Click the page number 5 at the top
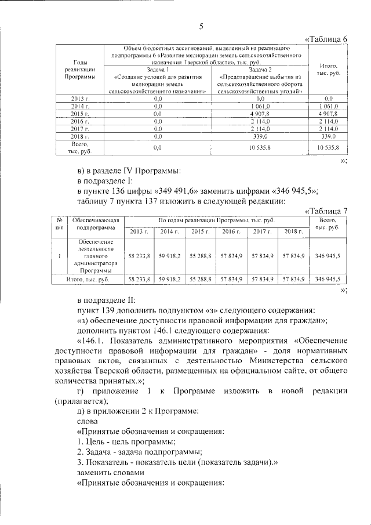click(x=201, y=26)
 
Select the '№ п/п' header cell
click(x=59, y=224)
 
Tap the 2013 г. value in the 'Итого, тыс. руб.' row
click(x=139, y=279)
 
